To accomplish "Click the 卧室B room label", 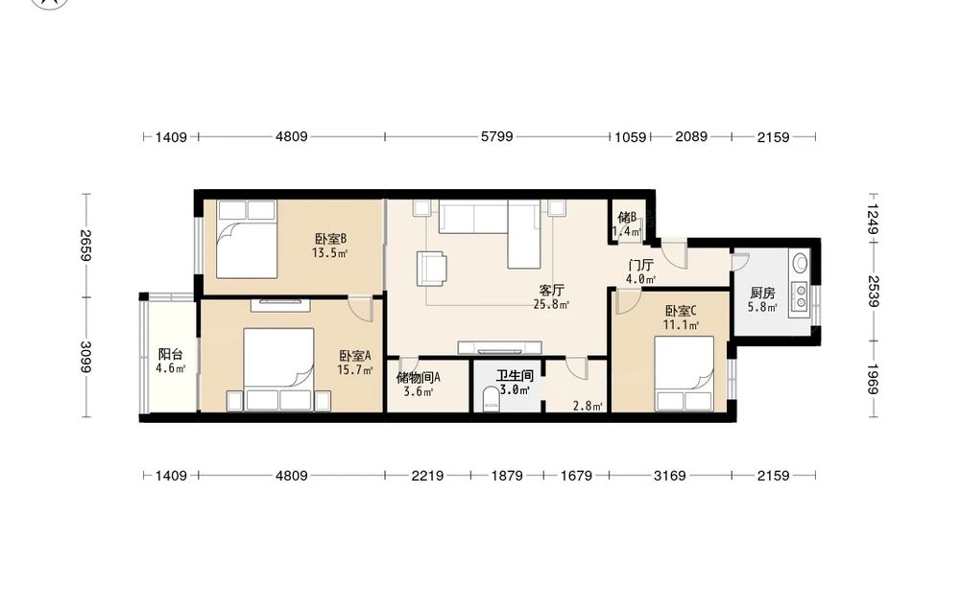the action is pyautogui.click(x=331, y=239).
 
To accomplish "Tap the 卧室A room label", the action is pyautogui.click(x=355, y=355).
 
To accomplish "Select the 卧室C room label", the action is pyautogui.click(x=681, y=311).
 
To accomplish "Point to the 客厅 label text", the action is pyautogui.click(x=551, y=290).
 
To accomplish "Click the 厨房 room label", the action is pyautogui.click(x=762, y=293).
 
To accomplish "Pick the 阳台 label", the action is pyautogui.click(x=170, y=354).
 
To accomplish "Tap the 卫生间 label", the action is pyautogui.click(x=515, y=376).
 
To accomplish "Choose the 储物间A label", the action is pyautogui.click(x=419, y=377).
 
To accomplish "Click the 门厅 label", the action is pyautogui.click(x=641, y=266).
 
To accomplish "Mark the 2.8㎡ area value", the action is pyautogui.click(x=588, y=406).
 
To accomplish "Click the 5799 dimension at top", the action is pyautogui.click(x=496, y=136).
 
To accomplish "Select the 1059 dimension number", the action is pyautogui.click(x=630, y=137).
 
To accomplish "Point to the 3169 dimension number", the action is pyautogui.click(x=670, y=475).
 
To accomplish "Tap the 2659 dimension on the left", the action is pyautogui.click(x=85, y=246).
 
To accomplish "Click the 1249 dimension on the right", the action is pyautogui.click(x=873, y=219).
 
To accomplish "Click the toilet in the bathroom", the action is pyautogui.click(x=491, y=400).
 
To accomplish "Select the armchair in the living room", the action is pyautogui.click(x=432, y=269).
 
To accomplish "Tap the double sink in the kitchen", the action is pyautogui.click(x=799, y=296).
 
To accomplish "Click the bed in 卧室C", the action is pyautogui.click(x=684, y=373).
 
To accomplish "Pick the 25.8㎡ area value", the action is pyautogui.click(x=551, y=304).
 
